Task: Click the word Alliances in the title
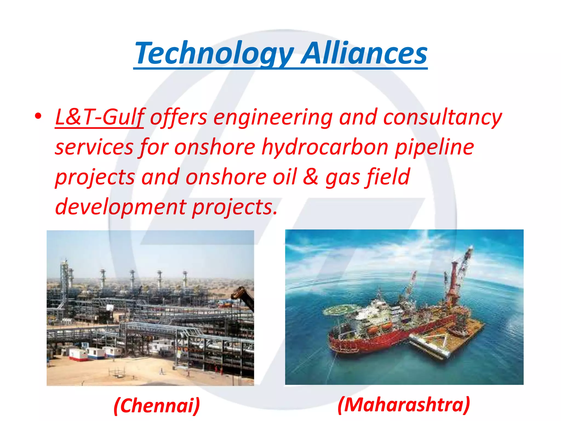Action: (364, 53)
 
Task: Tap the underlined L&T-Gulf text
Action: (99, 117)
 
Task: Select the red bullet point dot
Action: (38, 116)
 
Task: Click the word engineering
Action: (273, 117)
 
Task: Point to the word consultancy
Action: (442, 117)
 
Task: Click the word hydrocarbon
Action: (325, 147)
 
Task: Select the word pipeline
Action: (434, 147)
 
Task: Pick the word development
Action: (121, 207)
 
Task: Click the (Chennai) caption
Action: (157, 405)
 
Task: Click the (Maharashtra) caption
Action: (404, 405)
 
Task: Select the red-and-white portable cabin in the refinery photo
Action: (78, 354)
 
